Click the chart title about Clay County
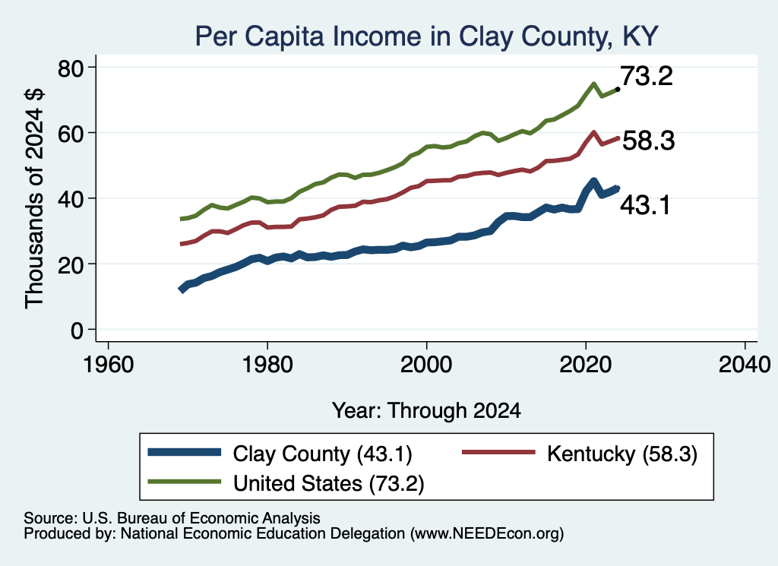(x=427, y=36)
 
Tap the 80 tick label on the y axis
(x=71, y=68)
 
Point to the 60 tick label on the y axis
(x=71, y=134)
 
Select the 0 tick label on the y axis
(x=77, y=330)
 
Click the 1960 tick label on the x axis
(x=108, y=365)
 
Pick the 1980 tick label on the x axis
(x=267, y=365)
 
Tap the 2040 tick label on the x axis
(x=745, y=365)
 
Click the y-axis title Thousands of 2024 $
(x=34, y=198)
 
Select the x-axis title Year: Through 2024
(x=426, y=411)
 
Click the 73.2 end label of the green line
(x=647, y=76)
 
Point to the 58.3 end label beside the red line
(x=649, y=141)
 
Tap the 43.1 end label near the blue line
(x=646, y=205)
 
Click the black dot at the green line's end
(x=618, y=90)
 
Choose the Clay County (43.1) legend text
(x=322, y=454)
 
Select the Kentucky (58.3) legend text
(x=622, y=454)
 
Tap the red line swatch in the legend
(x=498, y=452)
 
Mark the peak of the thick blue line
(x=593, y=182)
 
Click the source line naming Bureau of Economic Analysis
(x=172, y=518)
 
